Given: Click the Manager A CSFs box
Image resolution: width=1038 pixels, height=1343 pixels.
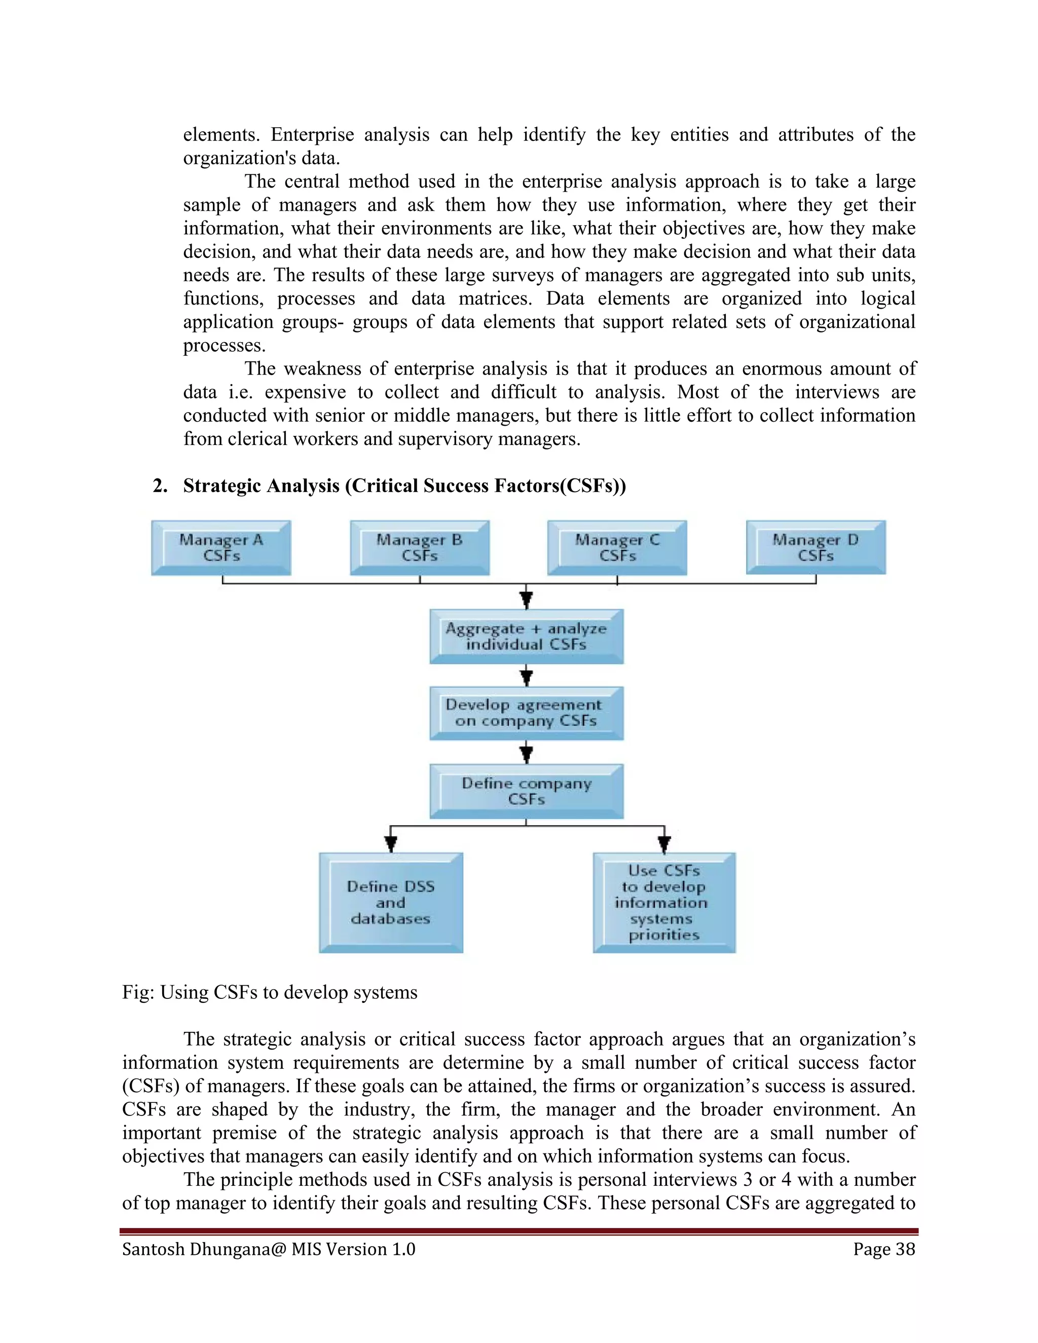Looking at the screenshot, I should pos(221,548).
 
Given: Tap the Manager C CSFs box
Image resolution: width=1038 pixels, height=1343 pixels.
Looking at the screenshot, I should pos(617,548).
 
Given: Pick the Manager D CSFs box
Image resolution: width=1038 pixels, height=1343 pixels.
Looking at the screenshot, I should pos(815,548).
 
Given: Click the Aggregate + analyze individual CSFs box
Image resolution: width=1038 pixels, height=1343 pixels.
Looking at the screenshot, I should pos(527,637).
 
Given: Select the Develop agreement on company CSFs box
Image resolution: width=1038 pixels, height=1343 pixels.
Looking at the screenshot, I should pos(527,714).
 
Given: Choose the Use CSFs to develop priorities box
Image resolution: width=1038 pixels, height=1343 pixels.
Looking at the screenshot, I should pos(663,903).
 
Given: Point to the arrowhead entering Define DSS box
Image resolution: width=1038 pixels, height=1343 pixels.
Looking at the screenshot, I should pos(390,844).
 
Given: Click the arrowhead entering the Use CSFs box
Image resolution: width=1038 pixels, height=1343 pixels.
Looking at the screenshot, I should pos(664,844).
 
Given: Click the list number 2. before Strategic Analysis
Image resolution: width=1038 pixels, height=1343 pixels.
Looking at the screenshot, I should pos(160,486).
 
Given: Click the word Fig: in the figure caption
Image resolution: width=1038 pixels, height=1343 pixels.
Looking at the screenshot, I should pos(138,992).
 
